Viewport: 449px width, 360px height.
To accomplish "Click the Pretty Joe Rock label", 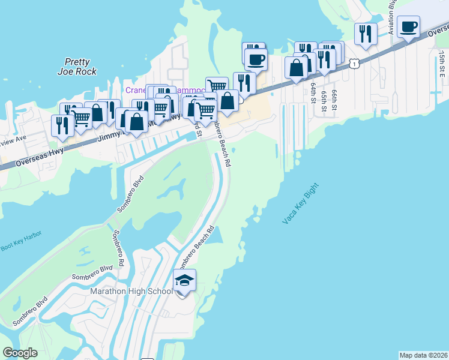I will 77,66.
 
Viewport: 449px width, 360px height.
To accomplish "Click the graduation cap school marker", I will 184,280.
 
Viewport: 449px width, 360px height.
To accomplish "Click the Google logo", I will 20,353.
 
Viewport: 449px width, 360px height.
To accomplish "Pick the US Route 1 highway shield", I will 355,62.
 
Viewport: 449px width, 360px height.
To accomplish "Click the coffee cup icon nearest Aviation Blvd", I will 408,27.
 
